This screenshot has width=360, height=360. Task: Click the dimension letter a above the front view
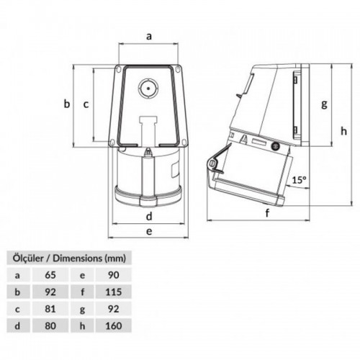pos(149,35)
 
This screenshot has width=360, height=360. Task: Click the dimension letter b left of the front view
pos(66,104)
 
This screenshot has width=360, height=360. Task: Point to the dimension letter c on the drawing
pos(86,104)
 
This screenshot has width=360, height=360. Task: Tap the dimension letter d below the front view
pos(148,215)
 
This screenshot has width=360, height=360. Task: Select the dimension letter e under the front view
pos(148,231)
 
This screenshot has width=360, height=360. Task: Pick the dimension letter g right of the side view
pos(325,104)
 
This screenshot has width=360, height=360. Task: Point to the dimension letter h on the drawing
pos(344,130)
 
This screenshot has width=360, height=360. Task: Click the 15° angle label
pos(299,180)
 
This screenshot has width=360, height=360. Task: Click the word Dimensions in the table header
pos(73,257)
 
